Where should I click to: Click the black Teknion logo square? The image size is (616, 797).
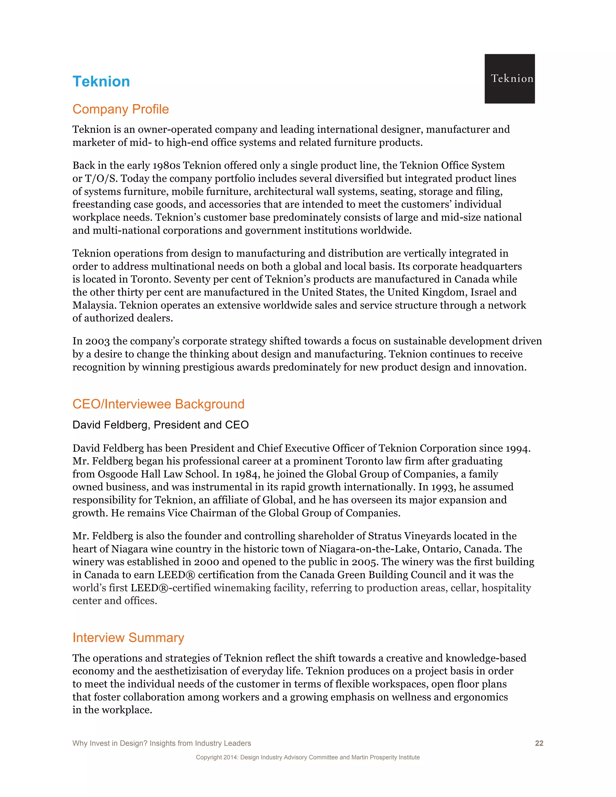(x=510, y=79)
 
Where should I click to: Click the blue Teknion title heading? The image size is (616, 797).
(x=101, y=82)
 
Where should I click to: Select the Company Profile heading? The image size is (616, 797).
(x=120, y=109)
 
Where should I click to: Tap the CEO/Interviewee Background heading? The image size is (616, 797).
(x=159, y=404)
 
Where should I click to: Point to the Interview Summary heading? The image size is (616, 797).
(x=128, y=638)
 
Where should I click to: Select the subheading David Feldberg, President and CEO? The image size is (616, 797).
(x=161, y=425)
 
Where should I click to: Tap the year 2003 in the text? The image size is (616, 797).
(x=97, y=341)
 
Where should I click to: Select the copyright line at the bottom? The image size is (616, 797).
(x=308, y=757)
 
